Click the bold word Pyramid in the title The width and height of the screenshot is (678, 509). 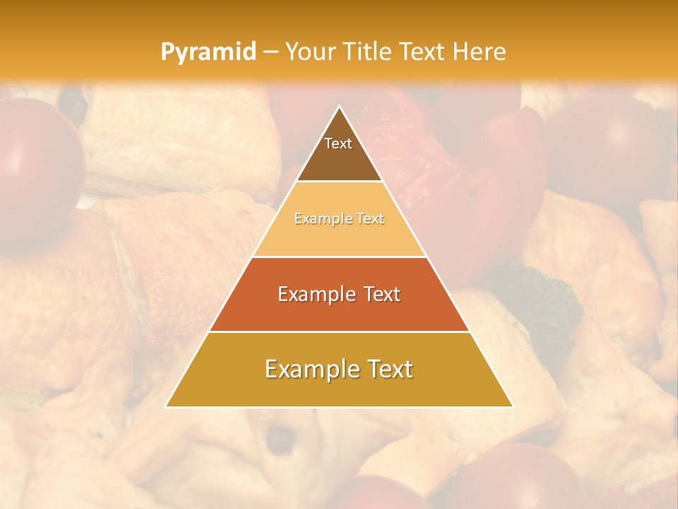(x=208, y=52)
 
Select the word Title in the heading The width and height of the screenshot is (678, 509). (x=369, y=52)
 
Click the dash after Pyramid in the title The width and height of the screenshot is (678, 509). (x=270, y=52)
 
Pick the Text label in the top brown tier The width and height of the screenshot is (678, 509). (x=338, y=144)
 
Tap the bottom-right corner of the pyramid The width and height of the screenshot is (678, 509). (x=512, y=406)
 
